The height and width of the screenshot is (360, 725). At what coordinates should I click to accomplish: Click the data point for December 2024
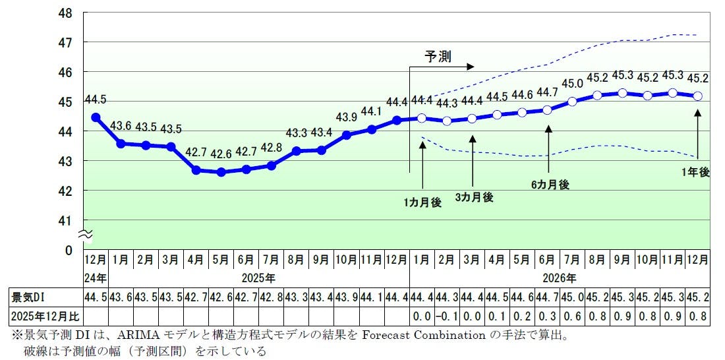[x=96, y=117]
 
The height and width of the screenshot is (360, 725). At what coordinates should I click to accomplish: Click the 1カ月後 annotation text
[x=422, y=202]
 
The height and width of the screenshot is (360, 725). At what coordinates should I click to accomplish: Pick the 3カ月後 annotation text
[x=474, y=196]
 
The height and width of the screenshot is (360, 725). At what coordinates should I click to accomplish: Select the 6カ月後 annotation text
[x=550, y=185]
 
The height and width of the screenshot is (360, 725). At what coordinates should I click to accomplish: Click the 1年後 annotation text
[x=696, y=171]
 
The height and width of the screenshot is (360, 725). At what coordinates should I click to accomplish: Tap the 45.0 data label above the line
[x=572, y=84]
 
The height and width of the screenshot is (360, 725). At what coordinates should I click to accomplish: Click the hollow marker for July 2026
[x=572, y=102]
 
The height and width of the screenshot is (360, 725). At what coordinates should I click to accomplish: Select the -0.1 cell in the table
[x=447, y=316]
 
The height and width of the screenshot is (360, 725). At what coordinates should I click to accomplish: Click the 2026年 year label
[x=560, y=278]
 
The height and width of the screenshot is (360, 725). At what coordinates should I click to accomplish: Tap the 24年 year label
[x=95, y=278]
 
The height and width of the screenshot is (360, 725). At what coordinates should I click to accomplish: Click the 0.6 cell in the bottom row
[x=572, y=316]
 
